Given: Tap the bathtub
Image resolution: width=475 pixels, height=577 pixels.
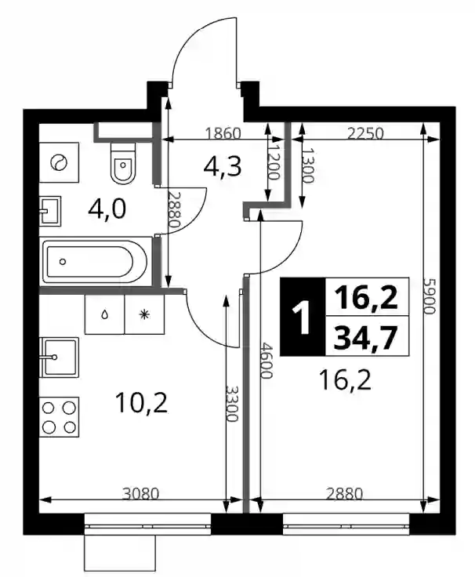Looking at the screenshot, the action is coord(96,261).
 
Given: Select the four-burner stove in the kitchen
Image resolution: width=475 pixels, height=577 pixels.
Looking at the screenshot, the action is coord(60,416).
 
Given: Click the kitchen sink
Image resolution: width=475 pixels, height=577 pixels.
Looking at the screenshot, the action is coord(60,357).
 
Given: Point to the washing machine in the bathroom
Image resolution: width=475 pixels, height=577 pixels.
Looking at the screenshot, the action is coord(60,162).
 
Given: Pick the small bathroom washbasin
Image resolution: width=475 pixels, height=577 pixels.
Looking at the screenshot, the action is coord(50,211).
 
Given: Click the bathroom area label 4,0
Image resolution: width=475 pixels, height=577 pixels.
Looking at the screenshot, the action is coord(107,209).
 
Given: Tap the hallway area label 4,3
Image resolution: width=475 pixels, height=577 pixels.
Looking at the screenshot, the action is coord(223,167).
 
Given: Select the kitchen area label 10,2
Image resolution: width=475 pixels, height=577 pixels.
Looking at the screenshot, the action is coord(141,403).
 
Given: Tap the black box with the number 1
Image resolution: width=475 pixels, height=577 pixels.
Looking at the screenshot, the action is coord(303,317).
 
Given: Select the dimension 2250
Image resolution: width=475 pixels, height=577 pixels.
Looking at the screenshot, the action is coord(365,133).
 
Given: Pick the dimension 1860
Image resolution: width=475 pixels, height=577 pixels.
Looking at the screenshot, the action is coord(223,133).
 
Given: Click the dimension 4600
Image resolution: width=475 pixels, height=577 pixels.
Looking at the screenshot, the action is coord(266,361).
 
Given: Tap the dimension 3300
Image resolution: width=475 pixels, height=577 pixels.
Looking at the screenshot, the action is coord(232,403).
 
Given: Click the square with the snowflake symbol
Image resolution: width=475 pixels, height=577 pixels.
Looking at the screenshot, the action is coord(144,314).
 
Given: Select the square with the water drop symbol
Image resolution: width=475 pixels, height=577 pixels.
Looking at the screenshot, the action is coord(105,314).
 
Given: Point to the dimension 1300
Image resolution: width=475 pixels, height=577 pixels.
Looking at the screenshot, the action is coord(308,165).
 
